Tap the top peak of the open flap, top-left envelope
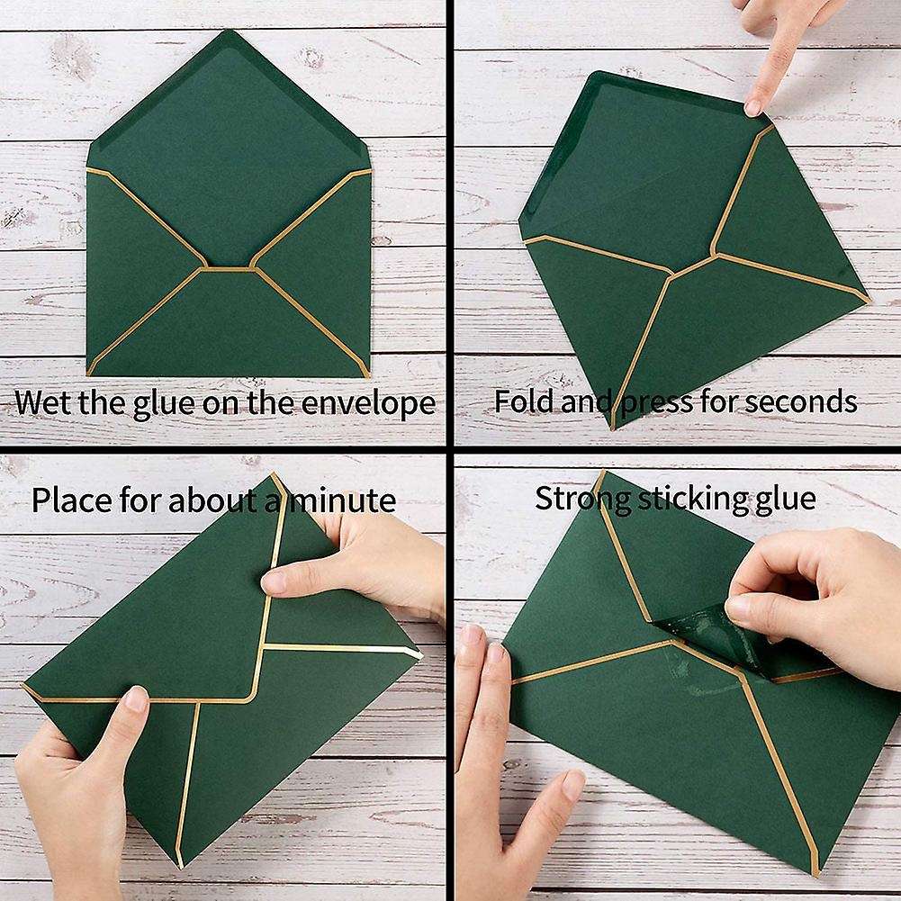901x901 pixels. coord(229,33)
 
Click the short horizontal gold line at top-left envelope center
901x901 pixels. coord(229,267)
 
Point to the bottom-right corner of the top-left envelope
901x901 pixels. coord(368,374)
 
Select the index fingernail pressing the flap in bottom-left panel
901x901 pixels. coord(273,581)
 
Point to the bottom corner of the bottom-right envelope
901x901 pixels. coord(815,874)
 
